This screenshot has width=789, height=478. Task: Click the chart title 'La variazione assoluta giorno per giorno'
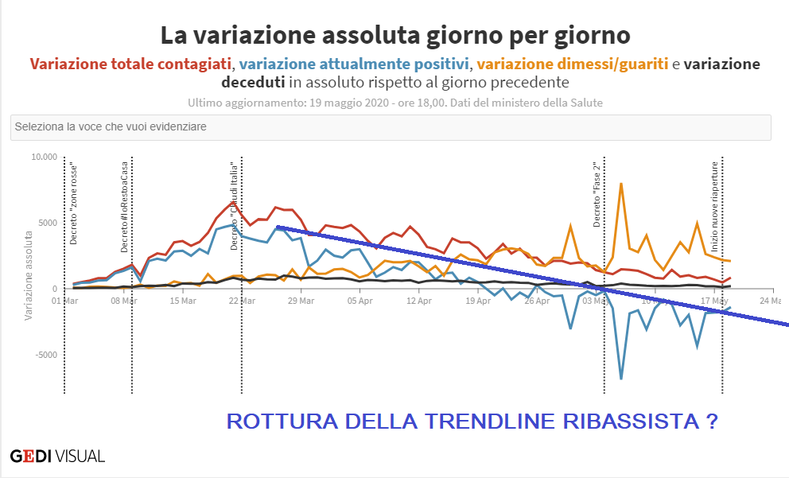[394, 35]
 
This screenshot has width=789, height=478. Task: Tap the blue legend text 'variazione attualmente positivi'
[355, 64]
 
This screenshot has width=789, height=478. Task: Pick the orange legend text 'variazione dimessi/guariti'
[573, 64]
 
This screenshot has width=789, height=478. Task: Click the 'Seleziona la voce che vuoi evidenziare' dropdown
[391, 127]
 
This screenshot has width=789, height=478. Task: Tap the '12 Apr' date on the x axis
[418, 301]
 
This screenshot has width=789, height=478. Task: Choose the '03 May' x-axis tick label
[595, 301]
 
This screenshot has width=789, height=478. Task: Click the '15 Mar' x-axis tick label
[184, 301]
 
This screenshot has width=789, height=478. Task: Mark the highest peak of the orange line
[620, 184]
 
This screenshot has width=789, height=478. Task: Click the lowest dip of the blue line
[621, 379]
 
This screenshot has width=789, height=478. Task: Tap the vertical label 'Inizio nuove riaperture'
[714, 196]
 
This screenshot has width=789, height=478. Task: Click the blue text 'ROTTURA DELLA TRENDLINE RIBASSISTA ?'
[472, 422]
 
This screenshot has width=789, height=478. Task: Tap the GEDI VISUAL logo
[57, 457]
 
